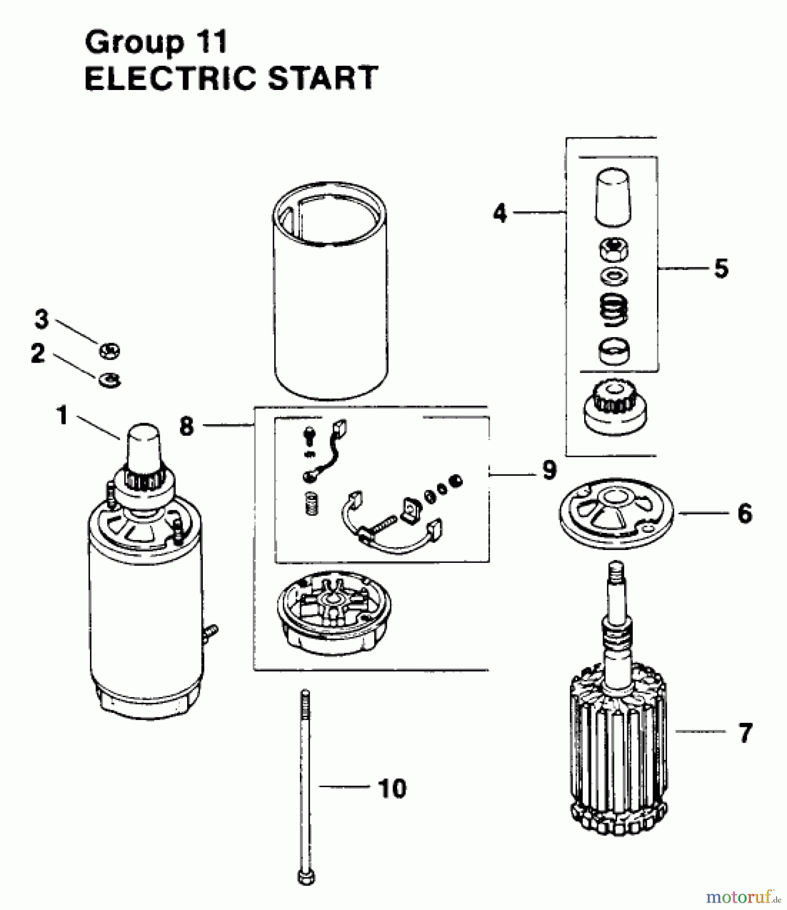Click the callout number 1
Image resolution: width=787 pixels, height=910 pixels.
click(x=62, y=416)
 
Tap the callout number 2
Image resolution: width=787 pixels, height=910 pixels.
click(x=38, y=353)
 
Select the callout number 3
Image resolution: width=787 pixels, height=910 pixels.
click(x=41, y=320)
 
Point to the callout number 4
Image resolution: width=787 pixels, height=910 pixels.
click(x=500, y=213)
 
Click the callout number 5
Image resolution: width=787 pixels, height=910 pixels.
click(x=721, y=268)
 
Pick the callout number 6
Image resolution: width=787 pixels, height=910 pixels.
click(x=745, y=514)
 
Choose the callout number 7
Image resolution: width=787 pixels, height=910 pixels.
click(x=746, y=733)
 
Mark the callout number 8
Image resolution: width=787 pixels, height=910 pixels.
click(x=187, y=426)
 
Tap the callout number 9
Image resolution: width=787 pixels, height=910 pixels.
click(x=549, y=470)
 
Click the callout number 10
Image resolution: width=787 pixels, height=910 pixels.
click(x=392, y=788)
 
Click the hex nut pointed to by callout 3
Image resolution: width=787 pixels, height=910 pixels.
click(x=109, y=350)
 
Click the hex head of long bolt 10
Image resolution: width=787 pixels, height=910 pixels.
click(x=305, y=877)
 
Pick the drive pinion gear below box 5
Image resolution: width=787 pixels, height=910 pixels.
click(x=615, y=406)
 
